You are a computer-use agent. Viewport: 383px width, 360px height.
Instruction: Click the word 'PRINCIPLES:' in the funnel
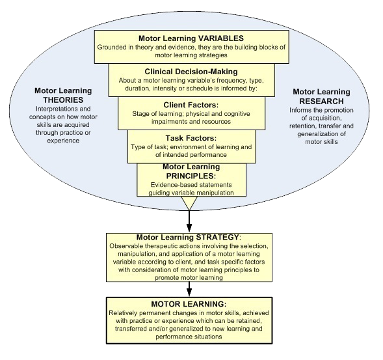(191, 175)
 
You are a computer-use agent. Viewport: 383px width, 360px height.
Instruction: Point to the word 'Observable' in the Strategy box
(127, 245)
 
